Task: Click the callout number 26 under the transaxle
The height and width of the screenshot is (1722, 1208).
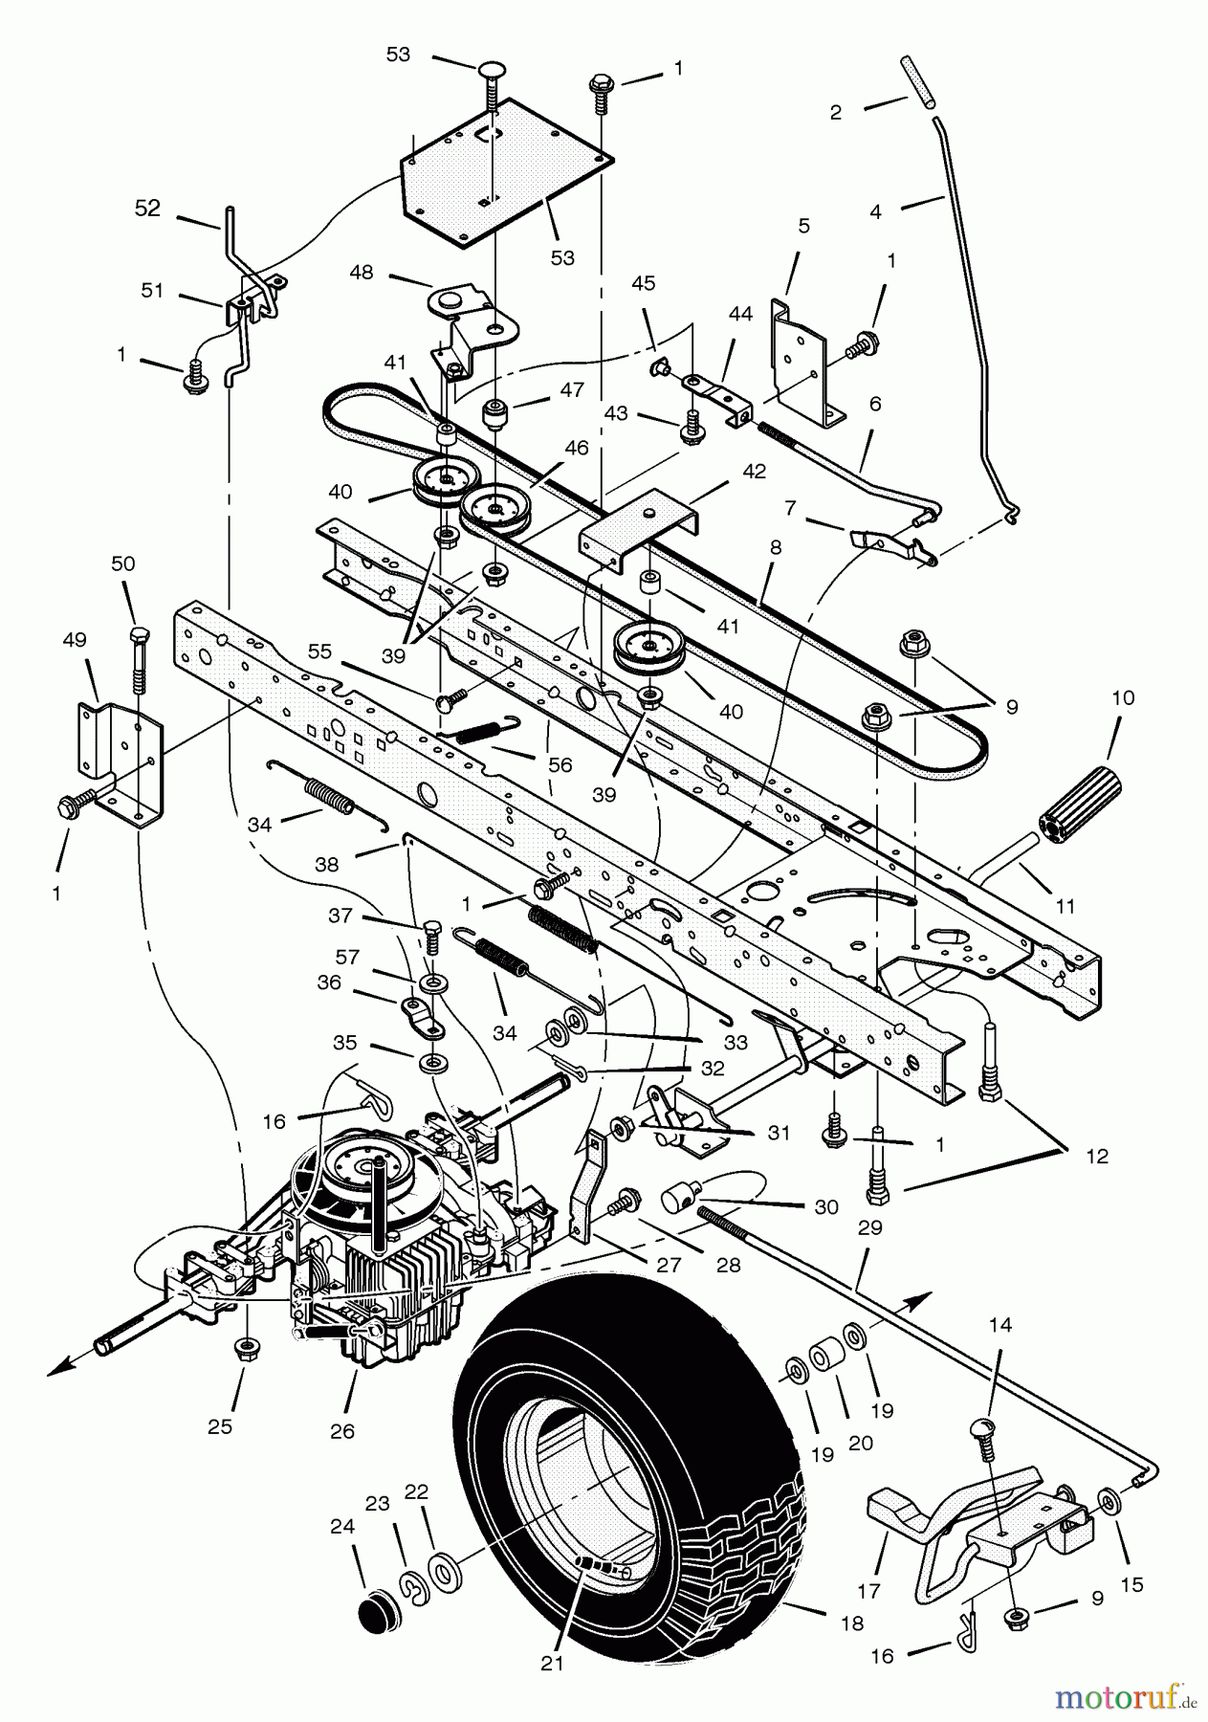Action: pos(341,1431)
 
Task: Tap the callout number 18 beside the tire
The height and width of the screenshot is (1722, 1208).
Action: pos(851,1623)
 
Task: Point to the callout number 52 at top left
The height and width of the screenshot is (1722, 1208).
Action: pos(147,209)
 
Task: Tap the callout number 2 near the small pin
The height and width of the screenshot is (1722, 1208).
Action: pos(836,112)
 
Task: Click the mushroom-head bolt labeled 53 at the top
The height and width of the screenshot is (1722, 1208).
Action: pos(493,76)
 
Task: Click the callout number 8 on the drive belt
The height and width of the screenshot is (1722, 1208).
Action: pos(775,546)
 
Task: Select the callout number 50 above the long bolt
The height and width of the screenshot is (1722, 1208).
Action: pos(123,563)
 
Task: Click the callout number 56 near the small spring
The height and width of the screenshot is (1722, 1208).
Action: pos(560,765)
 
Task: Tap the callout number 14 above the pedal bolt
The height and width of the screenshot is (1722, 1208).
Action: pos(999,1326)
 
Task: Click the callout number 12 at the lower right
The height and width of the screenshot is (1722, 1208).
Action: pos(1097,1156)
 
